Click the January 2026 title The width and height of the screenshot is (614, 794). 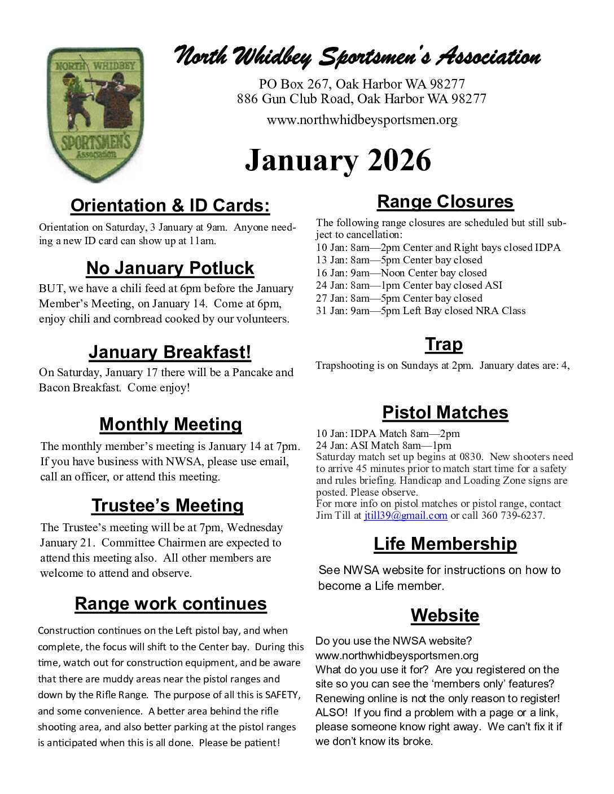coord(337,160)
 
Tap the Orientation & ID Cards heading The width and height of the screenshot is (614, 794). coord(170,206)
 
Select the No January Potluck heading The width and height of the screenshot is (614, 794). coord(170,268)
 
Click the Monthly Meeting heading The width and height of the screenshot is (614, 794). coord(170,424)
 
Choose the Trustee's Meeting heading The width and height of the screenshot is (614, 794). coord(168,505)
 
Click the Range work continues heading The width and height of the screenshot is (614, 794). coord(170,603)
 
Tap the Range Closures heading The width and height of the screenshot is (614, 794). coord(445,201)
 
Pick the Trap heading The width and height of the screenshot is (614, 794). coord(444,344)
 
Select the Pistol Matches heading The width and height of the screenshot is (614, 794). coord(445,412)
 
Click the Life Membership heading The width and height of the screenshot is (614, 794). coord(445,544)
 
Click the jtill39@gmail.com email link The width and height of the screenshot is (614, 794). coord(405,515)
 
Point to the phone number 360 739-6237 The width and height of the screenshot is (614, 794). coord(512,515)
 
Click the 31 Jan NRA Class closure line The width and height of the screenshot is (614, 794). coord(420,311)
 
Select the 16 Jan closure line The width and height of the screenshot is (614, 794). coord(401,273)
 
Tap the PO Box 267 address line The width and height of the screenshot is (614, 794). coord(362,85)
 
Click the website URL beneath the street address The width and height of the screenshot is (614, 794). coord(362,120)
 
